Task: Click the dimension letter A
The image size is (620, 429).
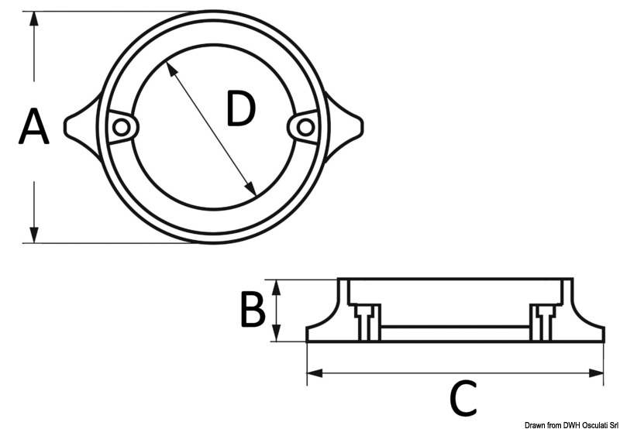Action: (x=34, y=126)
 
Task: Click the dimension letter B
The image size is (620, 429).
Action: (x=253, y=310)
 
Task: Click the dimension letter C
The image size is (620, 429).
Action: (x=463, y=398)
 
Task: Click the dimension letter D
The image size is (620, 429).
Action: (x=242, y=108)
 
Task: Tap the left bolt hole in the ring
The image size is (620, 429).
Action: (x=121, y=127)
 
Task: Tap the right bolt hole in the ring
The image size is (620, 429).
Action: (x=305, y=127)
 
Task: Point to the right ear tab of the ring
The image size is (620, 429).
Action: (x=344, y=126)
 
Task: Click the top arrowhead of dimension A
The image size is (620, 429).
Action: (x=34, y=19)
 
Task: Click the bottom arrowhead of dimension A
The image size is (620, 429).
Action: (x=34, y=235)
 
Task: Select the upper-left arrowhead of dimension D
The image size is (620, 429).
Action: (x=170, y=68)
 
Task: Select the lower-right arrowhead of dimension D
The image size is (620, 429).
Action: (x=251, y=189)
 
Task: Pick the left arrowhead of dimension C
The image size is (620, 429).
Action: (x=315, y=372)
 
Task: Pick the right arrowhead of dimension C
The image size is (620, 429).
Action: (x=596, y=372)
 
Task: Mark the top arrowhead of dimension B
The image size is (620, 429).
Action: (x=277, y=287)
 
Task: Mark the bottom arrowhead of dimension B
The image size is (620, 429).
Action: (x=277, y=334)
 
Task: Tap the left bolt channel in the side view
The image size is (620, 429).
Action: (x=366, y=323)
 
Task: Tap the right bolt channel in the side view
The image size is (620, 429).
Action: (x=545, y=323)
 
